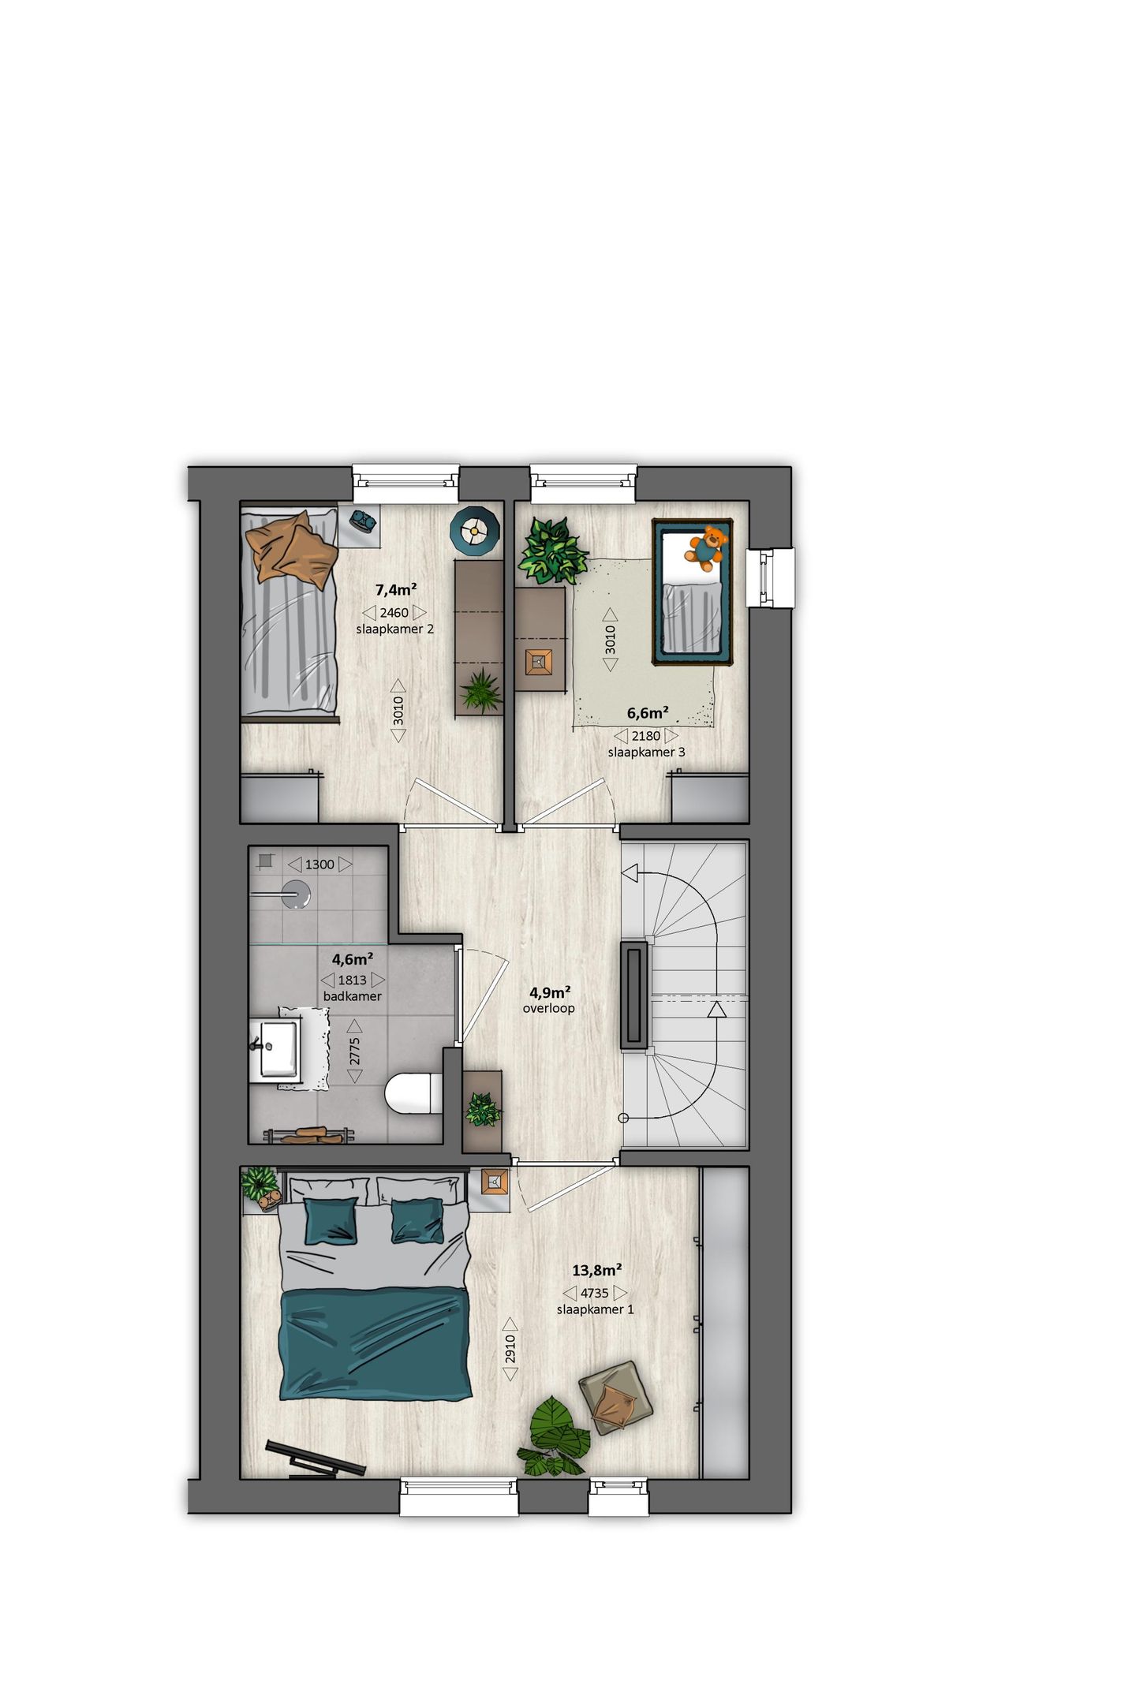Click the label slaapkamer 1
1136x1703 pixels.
(x=595, y=1309)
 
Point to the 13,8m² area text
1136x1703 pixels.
(x=596, y=1270)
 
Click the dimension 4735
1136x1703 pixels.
(x=595, y=1293)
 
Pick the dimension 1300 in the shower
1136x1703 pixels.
(x=319, y=865)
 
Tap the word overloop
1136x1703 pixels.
(x=548, y=1008)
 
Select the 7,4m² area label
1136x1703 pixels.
(x=395, y=589)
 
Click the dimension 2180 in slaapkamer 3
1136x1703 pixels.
(x=645, y=736)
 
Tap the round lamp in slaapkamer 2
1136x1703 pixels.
(x=475, y=529)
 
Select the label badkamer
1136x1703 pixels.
(x=352, y=996)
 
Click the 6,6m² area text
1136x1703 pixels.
(x=648, y=713)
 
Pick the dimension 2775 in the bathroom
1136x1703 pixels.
(x=355, y=1051)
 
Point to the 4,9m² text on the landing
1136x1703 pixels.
(x=549, y=992)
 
